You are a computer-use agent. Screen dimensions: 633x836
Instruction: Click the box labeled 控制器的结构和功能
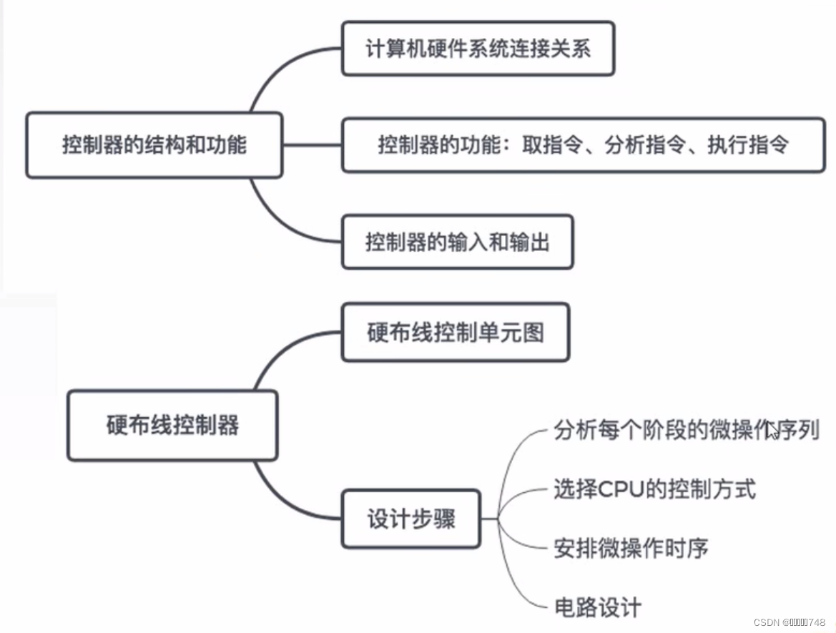pyautogui.click(x=154, y=145)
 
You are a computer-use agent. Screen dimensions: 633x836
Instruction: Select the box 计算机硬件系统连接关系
pyautogui.click(x=478, y=49)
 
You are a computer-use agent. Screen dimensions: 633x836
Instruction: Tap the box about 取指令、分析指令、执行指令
pyautogui.click(x=583, y=145)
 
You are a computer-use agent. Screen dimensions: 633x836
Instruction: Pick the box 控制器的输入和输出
pyautogui.click(x=457, y=242)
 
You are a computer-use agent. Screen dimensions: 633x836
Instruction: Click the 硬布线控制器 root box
pyautogui.click(x=172, y=425)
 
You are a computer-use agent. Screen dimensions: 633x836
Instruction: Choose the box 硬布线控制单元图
pyautogui.click(x=456, y=333)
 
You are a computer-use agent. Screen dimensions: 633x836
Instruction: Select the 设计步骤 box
pyautogui.click(x=410, y=519)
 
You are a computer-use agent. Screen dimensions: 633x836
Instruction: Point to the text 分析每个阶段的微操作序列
pyautogui.click(x=685, y=431)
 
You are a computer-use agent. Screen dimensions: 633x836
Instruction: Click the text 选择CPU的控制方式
pyautogui.click(x=654, y=489)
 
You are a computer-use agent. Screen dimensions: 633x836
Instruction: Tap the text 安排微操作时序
pyautogui.click(x=630, y=549)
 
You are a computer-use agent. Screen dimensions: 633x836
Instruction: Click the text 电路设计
pyautogui.click(x=597, y=607)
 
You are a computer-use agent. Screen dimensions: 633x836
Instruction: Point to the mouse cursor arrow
pyautogui.click(x=772, y=431)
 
